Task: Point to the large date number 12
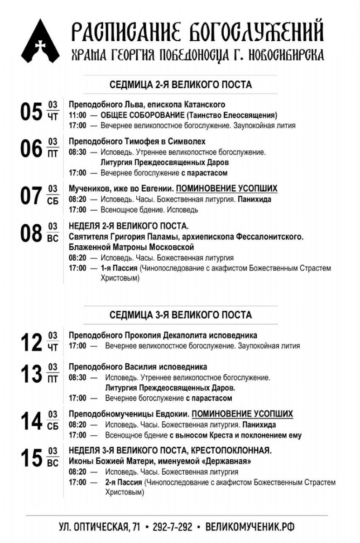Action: tap(31, 342)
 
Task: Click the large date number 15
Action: tap(31, 457)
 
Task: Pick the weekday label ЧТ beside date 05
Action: tap(53, 117)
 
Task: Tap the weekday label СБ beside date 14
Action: tap(53, 427)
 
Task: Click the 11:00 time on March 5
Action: tap(77, 115)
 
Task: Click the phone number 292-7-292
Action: tap(173, 527)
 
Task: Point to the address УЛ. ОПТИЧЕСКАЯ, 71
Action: tap(100, 527)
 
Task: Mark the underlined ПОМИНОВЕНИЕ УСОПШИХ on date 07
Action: tap(226, 189)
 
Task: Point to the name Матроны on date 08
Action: tap(125, 248)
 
